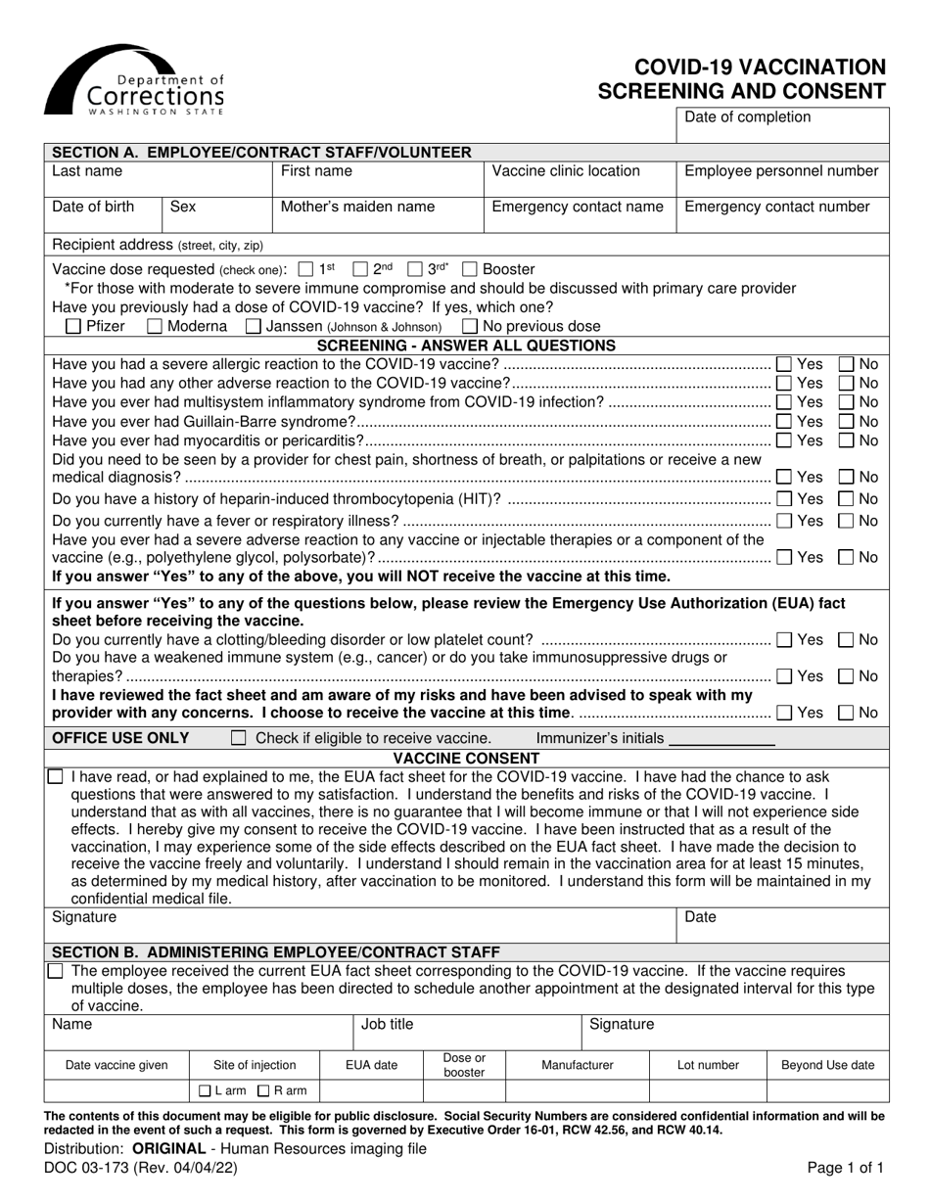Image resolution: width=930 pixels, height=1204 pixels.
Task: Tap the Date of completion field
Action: click(x=781, y=126)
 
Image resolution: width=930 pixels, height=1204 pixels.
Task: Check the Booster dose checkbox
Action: click(x=470, y=269)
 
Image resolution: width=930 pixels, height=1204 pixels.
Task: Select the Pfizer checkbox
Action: click(x=73, y=327)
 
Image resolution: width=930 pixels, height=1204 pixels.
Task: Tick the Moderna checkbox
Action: click(x=155, y=327)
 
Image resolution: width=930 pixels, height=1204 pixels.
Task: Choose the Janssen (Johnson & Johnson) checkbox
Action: click(x=254, y=327)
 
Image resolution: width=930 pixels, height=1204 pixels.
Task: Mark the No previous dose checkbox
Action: click(x=470, y=327)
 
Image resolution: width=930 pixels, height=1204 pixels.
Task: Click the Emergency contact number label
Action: click(x=776, y=207)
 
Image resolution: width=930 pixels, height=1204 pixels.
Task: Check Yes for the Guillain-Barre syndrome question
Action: click(x=785, y=422)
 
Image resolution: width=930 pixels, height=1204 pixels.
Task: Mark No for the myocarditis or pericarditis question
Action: click(x=848, y=440)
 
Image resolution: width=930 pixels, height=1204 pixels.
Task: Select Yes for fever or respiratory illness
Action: click(x=785, y=520)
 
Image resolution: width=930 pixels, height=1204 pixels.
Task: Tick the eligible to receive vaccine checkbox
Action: click(x=238, y=738)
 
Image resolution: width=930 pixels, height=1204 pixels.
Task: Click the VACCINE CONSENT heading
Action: click(x=466, y=758)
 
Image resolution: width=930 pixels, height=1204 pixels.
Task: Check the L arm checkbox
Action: click(x=205, y=1090)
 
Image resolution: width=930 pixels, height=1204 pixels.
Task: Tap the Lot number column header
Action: click(x=708, y=1065)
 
